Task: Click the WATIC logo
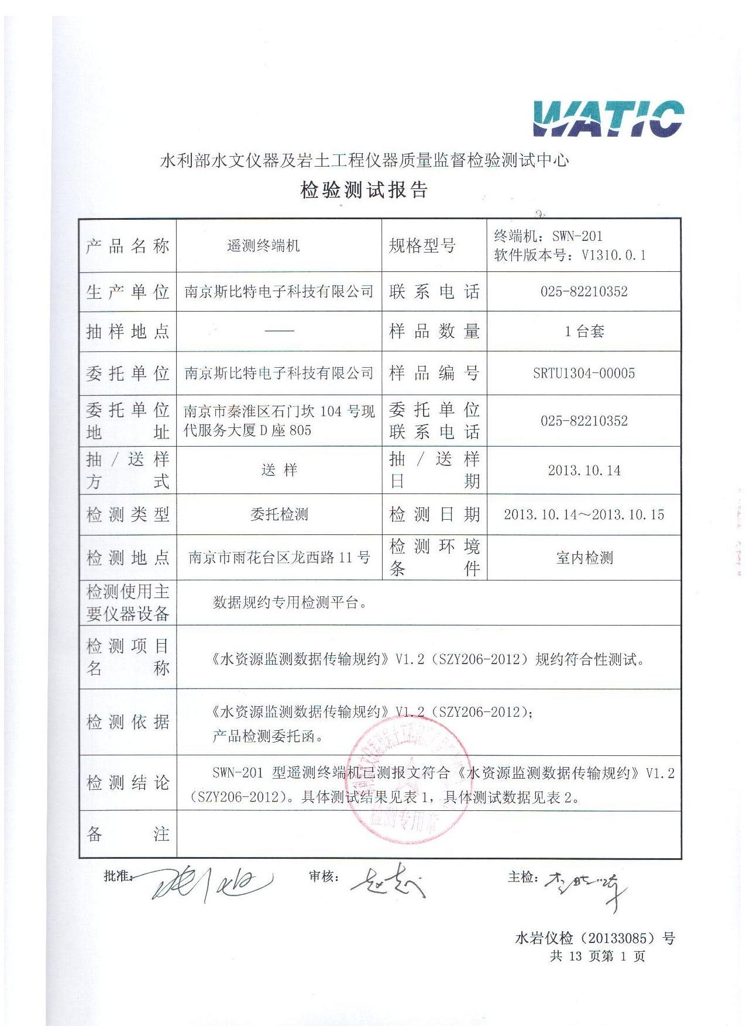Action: click(608, 119)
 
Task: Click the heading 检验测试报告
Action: click(364, 190)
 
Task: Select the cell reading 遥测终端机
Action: click(263, 246)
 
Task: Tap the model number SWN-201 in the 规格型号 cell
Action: click(577, 236)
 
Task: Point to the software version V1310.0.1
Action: click(614, 255)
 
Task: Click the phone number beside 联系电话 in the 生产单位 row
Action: click(584, 291)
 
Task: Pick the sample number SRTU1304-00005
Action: click(584, 373)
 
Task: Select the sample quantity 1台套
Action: click(584, 331)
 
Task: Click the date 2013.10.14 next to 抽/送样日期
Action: click(584, 471)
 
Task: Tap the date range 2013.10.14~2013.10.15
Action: click(584, 514)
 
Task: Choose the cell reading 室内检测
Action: click(584, 558)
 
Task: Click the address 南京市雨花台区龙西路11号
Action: click(279, 557)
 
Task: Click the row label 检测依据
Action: click(128, 722)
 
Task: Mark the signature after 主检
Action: click(585, 886)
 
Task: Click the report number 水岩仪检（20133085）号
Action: click(594, 938)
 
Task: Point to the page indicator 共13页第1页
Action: click(597, 956)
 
